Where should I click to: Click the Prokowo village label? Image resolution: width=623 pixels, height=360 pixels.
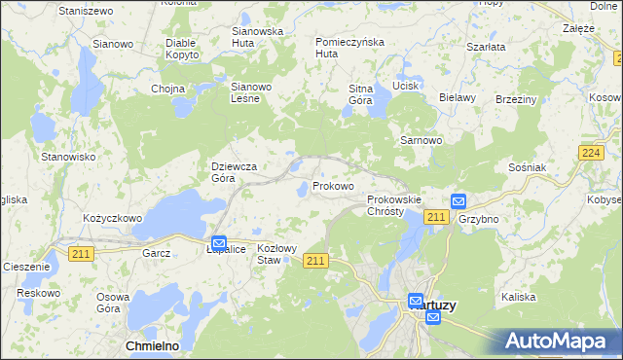point(333,186)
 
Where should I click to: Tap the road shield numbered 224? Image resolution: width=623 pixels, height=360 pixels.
point(589,153)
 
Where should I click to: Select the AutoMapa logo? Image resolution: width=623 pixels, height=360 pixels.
point(558,342)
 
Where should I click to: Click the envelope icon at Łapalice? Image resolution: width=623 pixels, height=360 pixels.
point(219,243)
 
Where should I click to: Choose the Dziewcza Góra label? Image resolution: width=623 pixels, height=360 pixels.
point(235,172)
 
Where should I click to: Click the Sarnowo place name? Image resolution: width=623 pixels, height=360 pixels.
point(421,140)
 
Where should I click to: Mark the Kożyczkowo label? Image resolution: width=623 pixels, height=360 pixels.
point(113,219)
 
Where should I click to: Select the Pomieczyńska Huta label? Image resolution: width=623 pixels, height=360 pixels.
point(350,48)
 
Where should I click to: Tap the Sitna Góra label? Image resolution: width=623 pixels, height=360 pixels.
point(361,94)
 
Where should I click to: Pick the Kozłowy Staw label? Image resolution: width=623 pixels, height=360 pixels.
point(275,254)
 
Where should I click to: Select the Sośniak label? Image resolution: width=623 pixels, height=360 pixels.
point(527,167)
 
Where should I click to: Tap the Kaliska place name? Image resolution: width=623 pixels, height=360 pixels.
point(519,297)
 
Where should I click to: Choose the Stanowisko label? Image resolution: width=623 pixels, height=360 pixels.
point(67,156)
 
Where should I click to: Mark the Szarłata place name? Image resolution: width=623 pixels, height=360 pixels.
point(485,47)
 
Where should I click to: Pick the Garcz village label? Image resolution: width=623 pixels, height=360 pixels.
point(156,253)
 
